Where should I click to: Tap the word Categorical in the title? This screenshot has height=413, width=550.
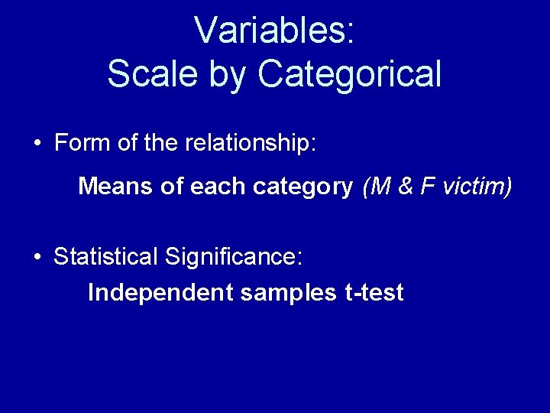coord(349,74)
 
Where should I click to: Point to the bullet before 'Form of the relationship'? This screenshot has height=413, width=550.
coord(37,145)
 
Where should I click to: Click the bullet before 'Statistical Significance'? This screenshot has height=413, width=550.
coord(37,257)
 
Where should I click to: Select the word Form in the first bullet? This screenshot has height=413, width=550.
coord(79,143)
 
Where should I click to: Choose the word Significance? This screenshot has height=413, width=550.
coord(232,257)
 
